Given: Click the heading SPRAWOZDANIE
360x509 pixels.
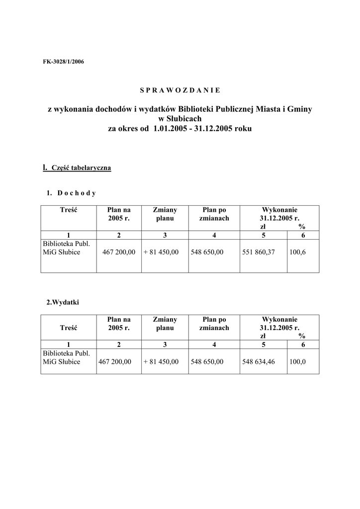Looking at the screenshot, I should click(x=180, y=90).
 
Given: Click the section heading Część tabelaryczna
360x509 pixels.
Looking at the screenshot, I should click(x=81, y=168).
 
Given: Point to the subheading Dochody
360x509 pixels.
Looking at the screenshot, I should click(x=76, y=193).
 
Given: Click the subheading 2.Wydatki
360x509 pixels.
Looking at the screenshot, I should click(x=62, y=302).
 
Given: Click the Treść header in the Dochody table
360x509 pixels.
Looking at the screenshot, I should click(x=69, y=210).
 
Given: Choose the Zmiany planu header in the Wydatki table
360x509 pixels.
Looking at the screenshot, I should click(x=165, y=324).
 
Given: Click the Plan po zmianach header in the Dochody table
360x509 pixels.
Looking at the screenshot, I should click(x=214, y=214).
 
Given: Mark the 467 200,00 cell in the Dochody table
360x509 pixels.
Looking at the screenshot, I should click(x=119, y=252).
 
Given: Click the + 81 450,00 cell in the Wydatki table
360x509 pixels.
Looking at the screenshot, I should click(x=161, y=361).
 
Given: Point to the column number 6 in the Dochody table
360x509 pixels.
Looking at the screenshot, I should click(x=303, y=235).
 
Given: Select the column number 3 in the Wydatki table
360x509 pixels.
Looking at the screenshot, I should click(x=165, y=344).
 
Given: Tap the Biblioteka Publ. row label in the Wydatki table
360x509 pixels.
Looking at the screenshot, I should click(x=66, y=353).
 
